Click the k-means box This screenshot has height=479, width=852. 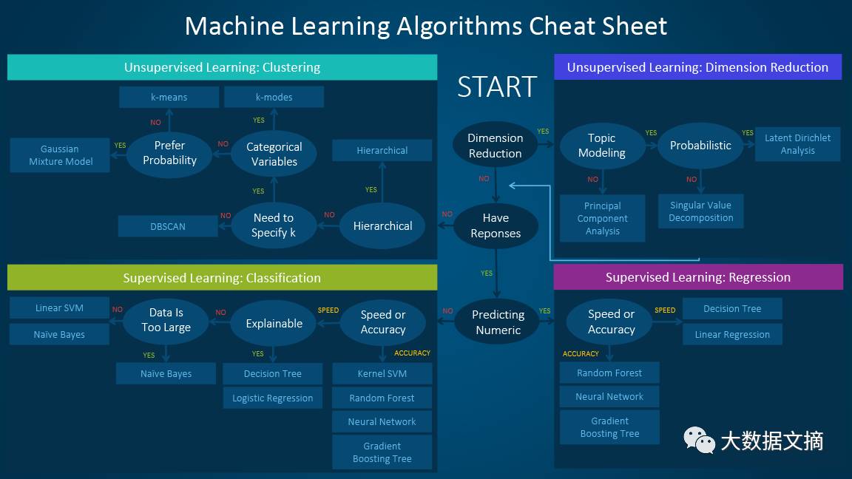(x=169, y=98)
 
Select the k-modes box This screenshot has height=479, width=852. (x=274, y=98)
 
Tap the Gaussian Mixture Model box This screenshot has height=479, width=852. (x=60, y=155)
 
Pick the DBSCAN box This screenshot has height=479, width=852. (x=168, y=226)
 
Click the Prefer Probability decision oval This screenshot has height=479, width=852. (x=169, y=153)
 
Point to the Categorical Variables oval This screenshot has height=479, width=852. (x=274, y=154)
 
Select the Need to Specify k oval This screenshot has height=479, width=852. (x=274, y=225)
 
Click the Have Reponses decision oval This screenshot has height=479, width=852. (x=496, y=225)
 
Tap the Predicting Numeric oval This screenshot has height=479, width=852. (x=498, y=322)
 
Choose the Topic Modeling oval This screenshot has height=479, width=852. (x=602, y=146)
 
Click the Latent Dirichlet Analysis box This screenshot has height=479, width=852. (x=798, y=144)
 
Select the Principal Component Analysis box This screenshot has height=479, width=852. (x=603, y=218)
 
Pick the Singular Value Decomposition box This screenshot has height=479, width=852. (x=701, y=211)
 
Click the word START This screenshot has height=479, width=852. (x=497, y=87)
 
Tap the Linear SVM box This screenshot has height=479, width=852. (x=59, y=308)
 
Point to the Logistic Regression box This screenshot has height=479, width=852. (x=273, y=398)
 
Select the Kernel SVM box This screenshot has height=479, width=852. (x=382, y=373)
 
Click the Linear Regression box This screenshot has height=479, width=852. (x=732, y=335)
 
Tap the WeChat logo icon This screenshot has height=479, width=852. (x=699, y=439)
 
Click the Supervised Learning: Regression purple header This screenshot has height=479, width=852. (x=698, y=277)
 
